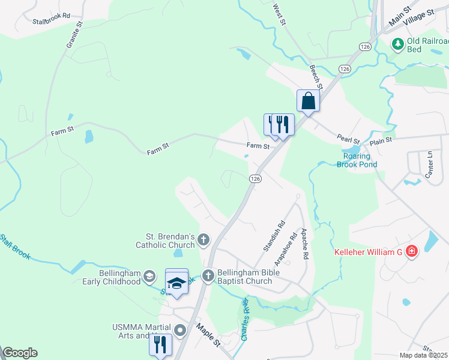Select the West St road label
click(279, 15)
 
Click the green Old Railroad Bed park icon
click(397, 44)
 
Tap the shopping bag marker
click(308, 101)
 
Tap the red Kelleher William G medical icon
click(412, 251)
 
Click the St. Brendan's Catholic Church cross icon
click(203, 241)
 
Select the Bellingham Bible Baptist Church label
click(244, 277)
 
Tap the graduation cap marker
click(176, 281)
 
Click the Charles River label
click(246, 319)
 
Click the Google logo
click(20, 353)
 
